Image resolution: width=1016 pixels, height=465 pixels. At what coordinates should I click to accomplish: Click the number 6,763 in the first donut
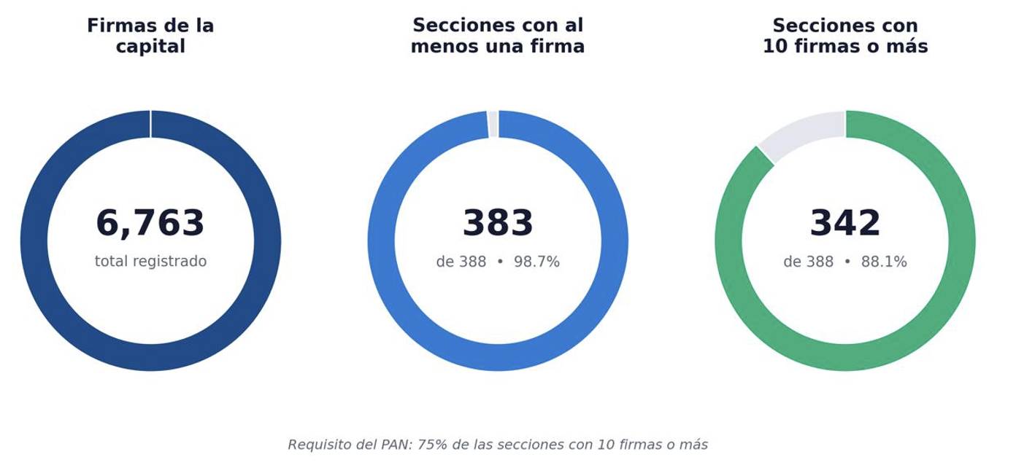150,223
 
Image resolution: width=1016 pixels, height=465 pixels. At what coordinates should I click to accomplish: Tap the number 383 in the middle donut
498,223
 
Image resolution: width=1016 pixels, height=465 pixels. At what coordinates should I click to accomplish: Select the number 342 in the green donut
845,223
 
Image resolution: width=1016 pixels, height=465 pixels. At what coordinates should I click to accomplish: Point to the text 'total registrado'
150,261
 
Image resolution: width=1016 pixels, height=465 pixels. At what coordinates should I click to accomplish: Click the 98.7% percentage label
536,262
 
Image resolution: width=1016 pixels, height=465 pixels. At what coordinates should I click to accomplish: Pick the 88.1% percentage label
884,262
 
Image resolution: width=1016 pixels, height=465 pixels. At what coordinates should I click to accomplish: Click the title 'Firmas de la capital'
150,36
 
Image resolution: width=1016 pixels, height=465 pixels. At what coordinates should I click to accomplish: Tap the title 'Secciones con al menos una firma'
498,36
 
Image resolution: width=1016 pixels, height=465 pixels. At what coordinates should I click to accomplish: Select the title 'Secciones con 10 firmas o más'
845,36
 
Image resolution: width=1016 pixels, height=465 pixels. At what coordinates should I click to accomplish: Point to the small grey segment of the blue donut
493,124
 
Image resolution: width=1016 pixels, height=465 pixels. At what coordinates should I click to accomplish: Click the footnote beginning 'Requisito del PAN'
498,445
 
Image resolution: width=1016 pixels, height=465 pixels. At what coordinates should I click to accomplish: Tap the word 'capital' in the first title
150,47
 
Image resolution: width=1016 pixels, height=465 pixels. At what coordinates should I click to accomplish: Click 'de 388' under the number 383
461,262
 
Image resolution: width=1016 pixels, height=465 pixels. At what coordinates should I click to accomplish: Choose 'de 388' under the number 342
808,262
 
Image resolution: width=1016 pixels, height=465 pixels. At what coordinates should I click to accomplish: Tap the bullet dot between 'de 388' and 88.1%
847,262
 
